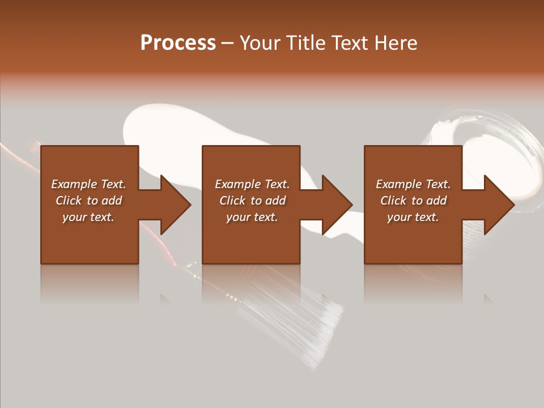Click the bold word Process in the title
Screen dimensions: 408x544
click(x=178, y=43)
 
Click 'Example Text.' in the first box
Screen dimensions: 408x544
click(x=88, y=184)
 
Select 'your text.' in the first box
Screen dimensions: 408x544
click(x=88, y=217)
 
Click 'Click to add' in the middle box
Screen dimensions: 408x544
click(x=252, y=201)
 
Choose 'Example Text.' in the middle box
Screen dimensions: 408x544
click(x=252, y=184)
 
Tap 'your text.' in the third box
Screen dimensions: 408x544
click(x=413, y=217)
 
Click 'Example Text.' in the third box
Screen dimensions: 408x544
click(x=413, y=184)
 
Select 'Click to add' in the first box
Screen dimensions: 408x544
click(x=88, y=201)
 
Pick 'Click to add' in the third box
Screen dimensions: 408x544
click(x=413, y=201)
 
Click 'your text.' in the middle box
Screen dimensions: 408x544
click(x=252, y=217)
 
